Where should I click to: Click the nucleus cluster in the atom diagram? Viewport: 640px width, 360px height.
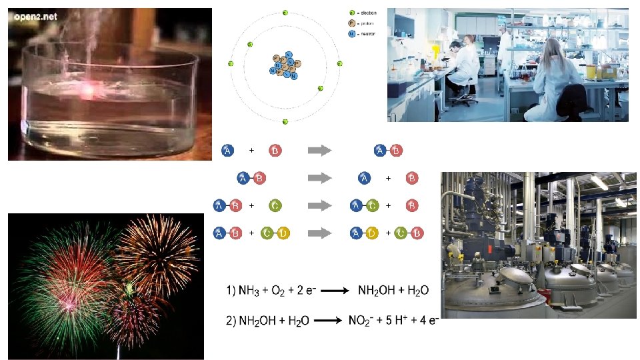point(285,65)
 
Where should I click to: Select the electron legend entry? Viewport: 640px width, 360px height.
point(363,13)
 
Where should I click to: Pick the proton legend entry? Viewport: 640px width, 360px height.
point(363,23)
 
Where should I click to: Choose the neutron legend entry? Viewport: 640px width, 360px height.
point(363,32)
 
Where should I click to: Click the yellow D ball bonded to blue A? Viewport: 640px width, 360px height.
point(373,233)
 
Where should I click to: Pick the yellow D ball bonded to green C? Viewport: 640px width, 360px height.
point(283,233)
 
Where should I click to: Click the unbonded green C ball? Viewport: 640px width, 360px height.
point(276,206)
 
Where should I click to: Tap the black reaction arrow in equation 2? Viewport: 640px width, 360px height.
point(327,321)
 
